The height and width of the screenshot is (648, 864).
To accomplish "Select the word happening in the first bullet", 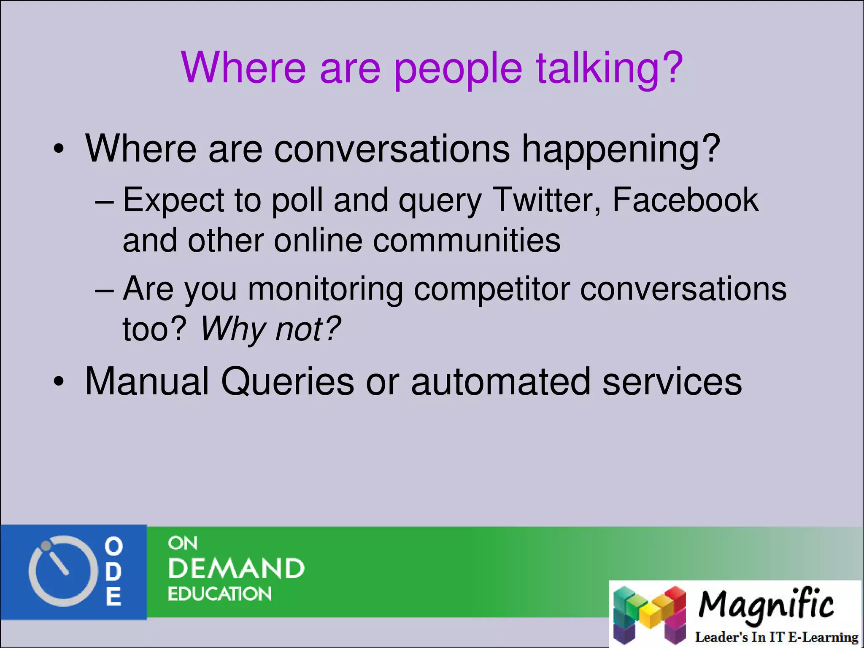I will tap(620, 150).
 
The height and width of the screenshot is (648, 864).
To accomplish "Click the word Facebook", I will tap(685, 200).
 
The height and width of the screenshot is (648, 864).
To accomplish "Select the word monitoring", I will tap(325, 290).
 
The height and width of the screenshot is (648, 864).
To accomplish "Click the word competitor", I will tap(491, 290).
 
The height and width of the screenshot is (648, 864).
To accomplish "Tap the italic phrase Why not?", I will tap(270, 329).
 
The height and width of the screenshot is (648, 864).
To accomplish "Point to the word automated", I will tap(500, 382).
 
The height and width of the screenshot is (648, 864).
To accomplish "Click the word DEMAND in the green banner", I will tap(236, 569).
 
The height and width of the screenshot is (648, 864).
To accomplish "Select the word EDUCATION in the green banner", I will tap(219, 594).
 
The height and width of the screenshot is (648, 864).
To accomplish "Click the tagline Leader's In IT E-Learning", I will tap(776, 637).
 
